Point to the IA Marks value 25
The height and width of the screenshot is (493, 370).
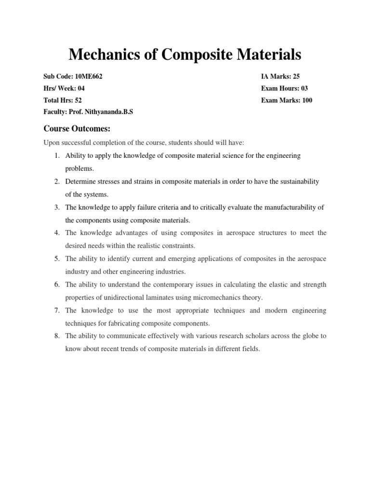click(295, 77)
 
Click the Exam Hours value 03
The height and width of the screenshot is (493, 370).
click(304, 89)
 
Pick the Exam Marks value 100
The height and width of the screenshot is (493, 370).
click(307, 100)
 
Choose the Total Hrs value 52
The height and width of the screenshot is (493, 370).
click(79, 100)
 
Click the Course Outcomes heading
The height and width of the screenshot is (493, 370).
click(77, 129)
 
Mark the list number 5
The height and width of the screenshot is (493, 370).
click(56, 259)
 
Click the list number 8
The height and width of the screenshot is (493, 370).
click(56, 336)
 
